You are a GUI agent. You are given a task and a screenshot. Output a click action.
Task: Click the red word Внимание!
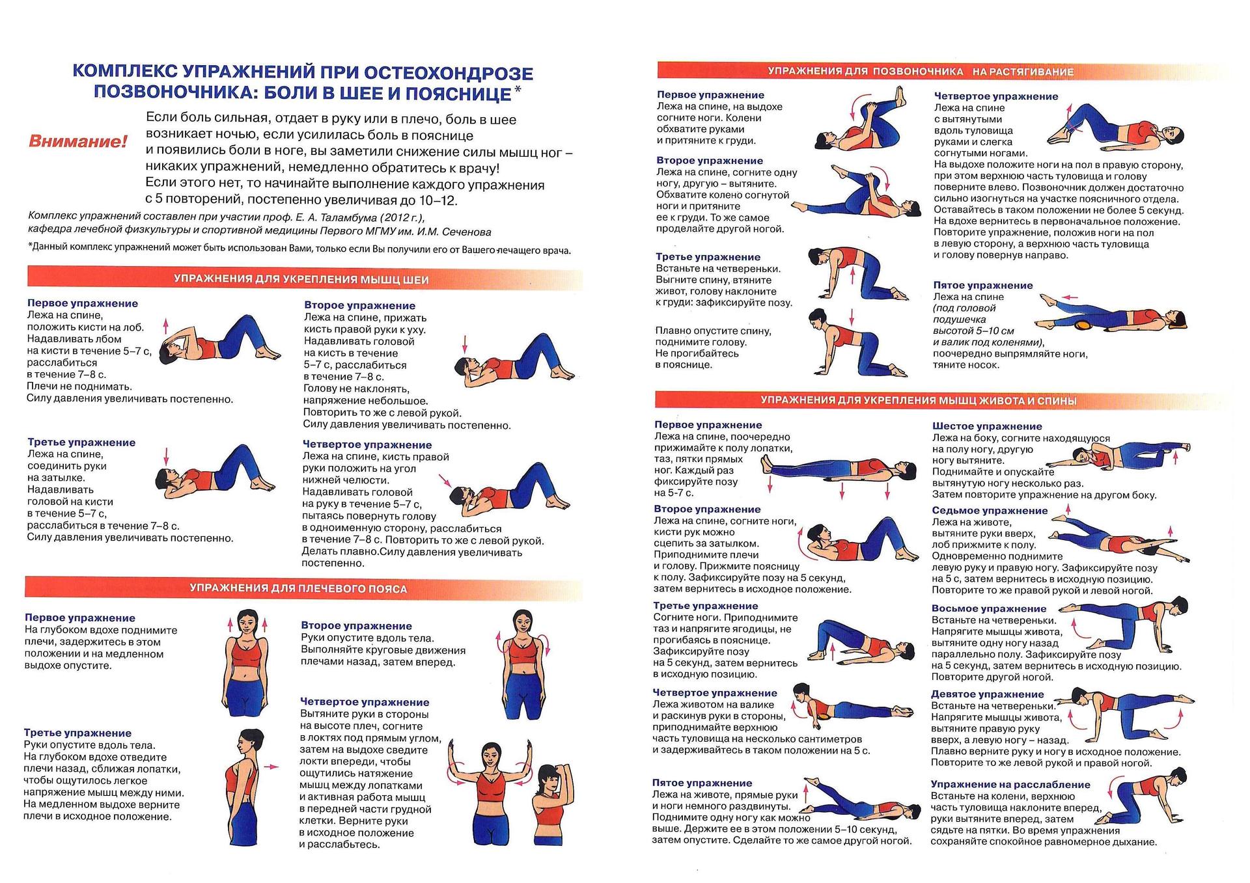tap(78, 141)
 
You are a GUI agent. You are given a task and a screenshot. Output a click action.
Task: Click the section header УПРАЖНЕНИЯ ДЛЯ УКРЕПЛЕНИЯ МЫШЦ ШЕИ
tap(301, 280)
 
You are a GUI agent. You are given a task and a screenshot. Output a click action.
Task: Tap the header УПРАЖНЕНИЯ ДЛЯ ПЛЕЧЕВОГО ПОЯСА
tap(298, 589)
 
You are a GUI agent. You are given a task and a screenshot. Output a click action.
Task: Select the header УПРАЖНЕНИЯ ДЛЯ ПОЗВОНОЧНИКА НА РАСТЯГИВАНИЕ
tap(921, 72)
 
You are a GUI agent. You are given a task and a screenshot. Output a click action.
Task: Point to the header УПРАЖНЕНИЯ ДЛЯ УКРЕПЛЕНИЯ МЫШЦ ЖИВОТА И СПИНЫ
tap(918, 401)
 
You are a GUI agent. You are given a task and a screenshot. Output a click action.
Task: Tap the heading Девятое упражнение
tap(987, 694)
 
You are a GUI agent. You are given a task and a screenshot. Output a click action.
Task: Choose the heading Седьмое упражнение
tap(990, 511)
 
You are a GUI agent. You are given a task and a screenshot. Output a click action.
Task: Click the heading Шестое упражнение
tap(987, 426)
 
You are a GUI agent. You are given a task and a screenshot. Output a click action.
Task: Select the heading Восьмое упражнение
tap(989, 608)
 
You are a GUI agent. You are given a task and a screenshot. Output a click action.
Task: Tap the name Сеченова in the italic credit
tap(466, 232)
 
